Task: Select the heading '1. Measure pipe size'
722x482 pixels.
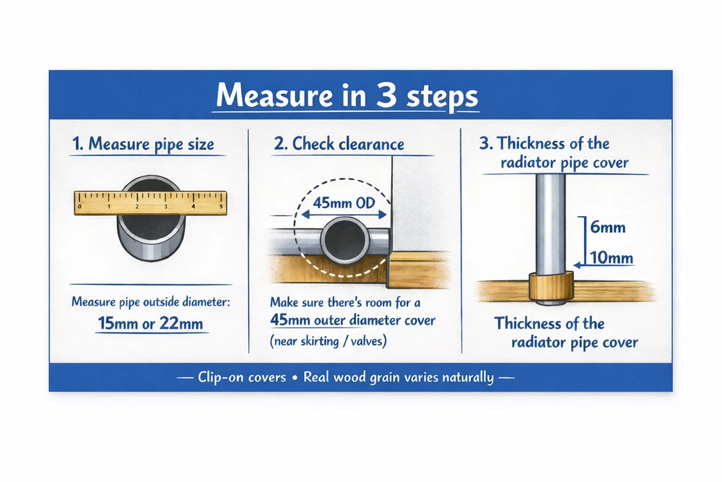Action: pos(143,144)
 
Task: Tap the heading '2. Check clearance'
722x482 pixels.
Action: pos(339,144)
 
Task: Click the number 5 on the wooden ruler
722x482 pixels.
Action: pos(222,207)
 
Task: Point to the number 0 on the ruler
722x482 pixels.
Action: pos(79,207)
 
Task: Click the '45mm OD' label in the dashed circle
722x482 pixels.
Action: pos(344,203)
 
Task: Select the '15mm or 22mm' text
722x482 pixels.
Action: pos(151,323)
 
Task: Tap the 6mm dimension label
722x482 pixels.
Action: pos(608,227)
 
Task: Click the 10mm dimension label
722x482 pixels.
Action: pos(612,257)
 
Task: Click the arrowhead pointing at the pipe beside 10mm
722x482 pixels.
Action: pos(577,265)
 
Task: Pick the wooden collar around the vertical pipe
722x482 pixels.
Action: pos(551,286)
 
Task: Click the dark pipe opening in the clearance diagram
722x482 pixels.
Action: pos(345,241)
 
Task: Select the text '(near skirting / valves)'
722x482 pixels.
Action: pos(329,341)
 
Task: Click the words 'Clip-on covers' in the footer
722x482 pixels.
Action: pos(242,377)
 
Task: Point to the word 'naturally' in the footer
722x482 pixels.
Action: pos(468,377)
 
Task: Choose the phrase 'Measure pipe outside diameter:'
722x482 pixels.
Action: pos(151,302)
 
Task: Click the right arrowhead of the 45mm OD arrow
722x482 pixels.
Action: pos(382,215)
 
